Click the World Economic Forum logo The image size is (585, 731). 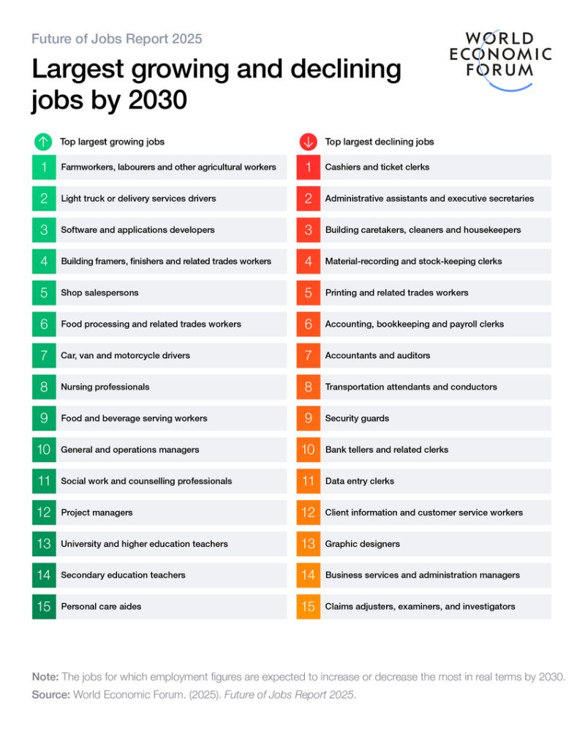(x=500, y=58)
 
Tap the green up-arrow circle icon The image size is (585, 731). (x=43, y=142)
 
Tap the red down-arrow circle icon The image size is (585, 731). (x=308, y=142)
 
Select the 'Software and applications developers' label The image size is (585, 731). (x=137, y=230)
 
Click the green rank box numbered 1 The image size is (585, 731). (x=44, y=167)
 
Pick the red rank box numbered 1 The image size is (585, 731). (x=308, y=167)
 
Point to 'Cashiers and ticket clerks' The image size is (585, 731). (x=377, y=167)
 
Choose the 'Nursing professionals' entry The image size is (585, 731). (x=105, y=387)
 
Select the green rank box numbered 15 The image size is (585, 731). (x=44, y=607)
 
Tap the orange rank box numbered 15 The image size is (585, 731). (x=308, y=607)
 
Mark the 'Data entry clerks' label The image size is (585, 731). (x=359, y=481)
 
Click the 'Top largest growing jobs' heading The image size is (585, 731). (x=112, y=142)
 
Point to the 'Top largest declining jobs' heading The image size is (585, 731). (x=380, y=142)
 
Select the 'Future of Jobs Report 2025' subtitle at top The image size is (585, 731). (x=117, y=39)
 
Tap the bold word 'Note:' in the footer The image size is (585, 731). (x=45, y=677)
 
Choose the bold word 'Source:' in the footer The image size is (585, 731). (x=50, y=694)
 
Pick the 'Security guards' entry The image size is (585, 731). (x=357, y=418)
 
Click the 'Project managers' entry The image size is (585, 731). (x=97, y=512)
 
